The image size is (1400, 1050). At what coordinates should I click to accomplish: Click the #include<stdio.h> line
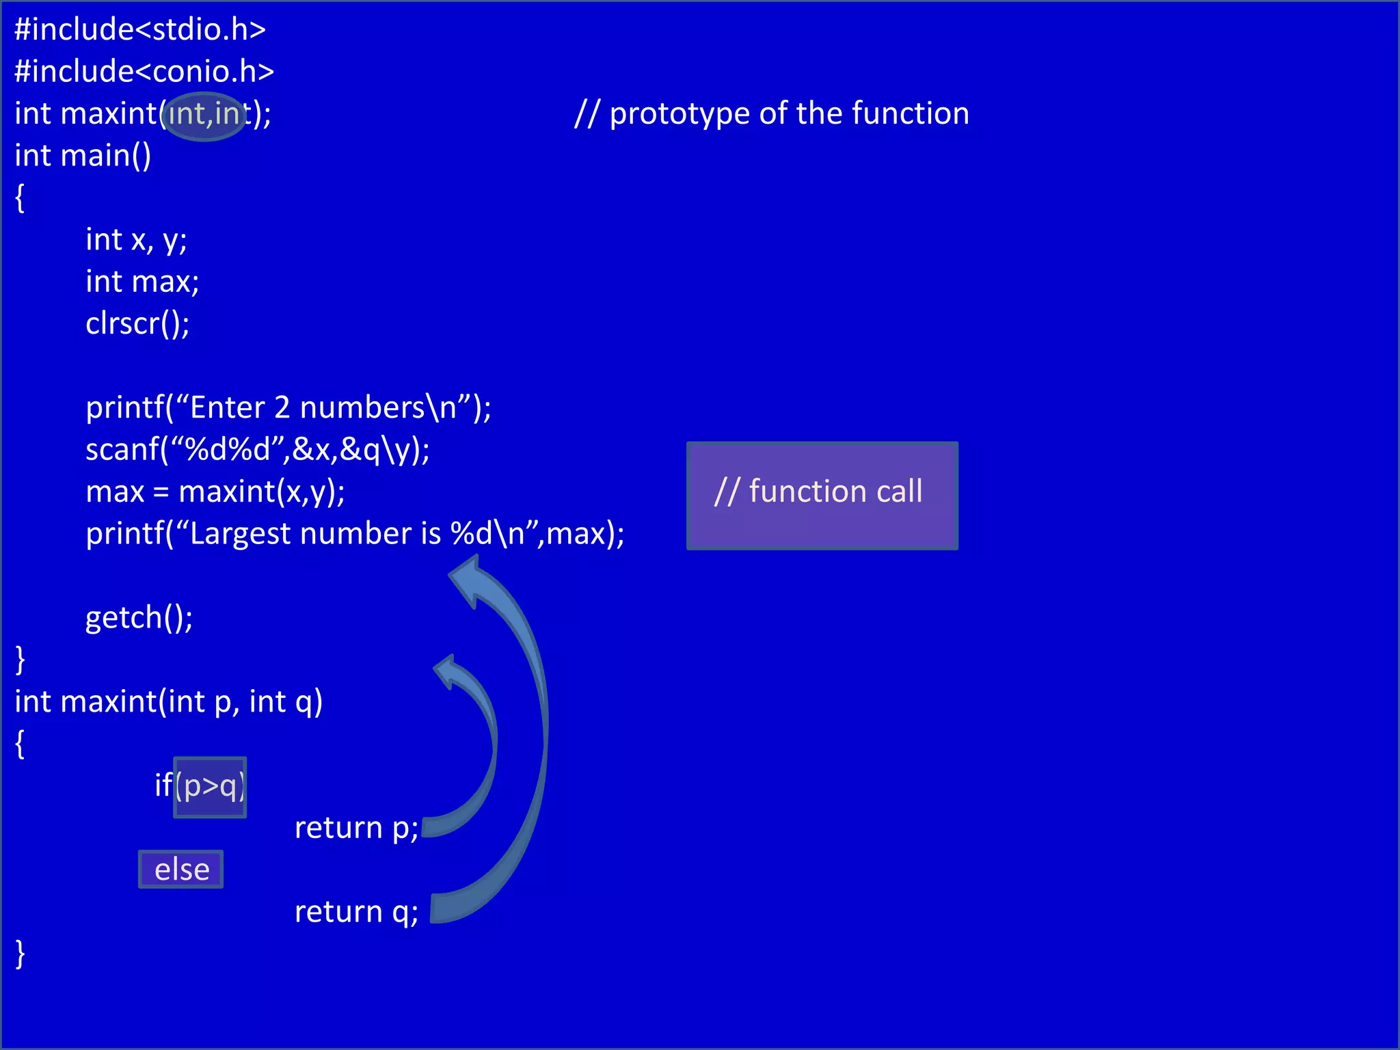coord(140,29)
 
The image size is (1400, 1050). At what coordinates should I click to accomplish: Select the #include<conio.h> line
coord(144,72)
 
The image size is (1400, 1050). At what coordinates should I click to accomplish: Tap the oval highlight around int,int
coord(205,116)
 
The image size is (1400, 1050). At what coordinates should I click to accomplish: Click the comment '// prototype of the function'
coord(772,113)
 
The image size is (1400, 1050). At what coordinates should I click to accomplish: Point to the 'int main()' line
coord(83,156)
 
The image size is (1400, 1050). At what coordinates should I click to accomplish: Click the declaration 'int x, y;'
coord(136,240)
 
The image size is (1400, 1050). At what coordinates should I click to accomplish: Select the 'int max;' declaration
coord(142,282)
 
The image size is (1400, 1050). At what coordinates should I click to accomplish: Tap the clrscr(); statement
coord(137,324)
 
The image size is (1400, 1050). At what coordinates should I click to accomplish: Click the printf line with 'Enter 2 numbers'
coord(288,408)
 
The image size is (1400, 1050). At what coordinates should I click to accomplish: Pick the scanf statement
coord(257,450)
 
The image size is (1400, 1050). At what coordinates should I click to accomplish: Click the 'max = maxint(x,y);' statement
coord(215,492)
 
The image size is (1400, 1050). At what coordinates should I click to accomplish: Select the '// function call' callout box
coord(822,495)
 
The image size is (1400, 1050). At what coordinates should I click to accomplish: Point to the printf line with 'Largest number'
coord(355,534)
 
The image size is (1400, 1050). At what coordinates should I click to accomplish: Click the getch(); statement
coord(139,618)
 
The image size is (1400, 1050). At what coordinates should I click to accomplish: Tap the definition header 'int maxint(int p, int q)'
coord(168,702)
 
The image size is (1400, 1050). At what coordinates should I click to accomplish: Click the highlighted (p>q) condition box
coord(210,787)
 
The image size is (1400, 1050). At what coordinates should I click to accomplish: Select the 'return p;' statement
coord(356,829)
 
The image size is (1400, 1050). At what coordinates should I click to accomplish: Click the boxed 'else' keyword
coord(181,870)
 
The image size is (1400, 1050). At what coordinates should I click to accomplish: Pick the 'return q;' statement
coord(356,912)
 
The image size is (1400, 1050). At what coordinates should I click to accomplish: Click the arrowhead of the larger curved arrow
coord(466,578)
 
